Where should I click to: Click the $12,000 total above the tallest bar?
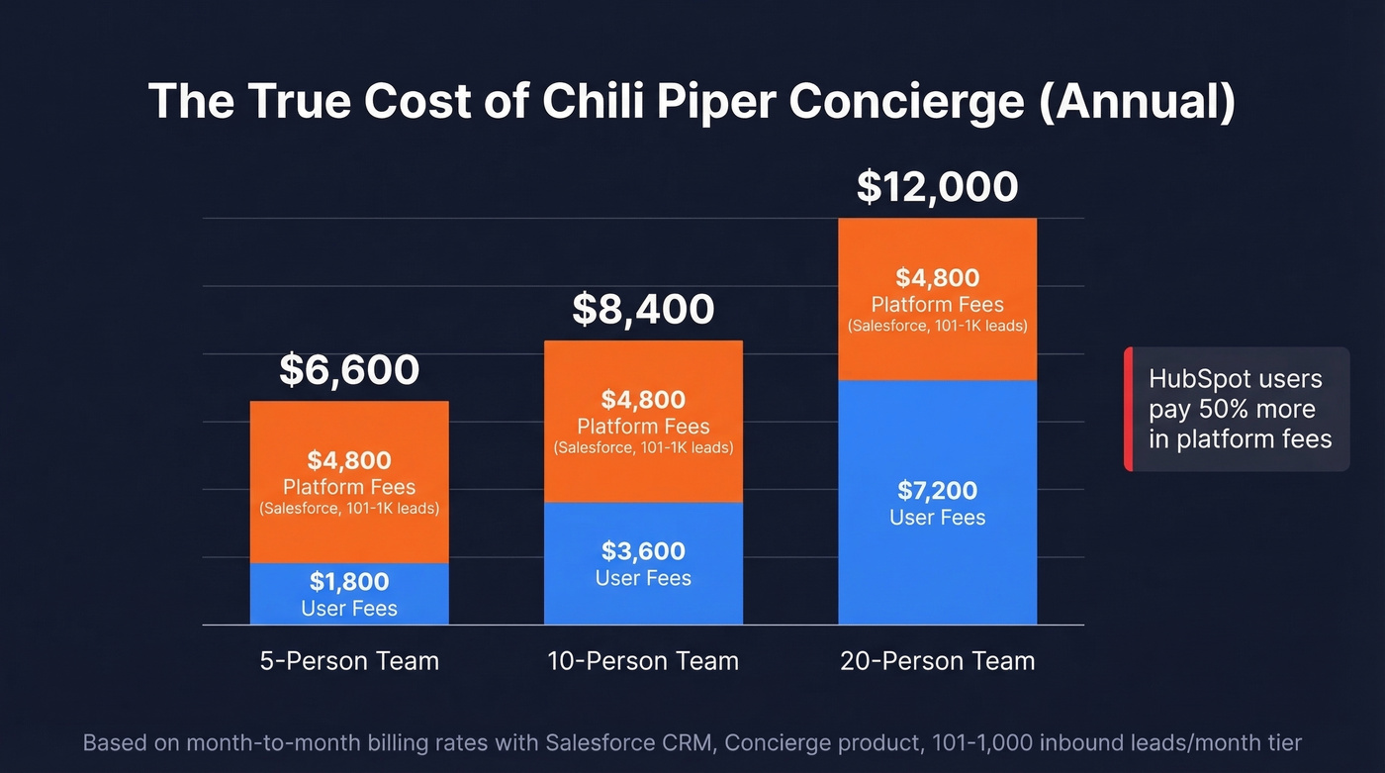[937, 187]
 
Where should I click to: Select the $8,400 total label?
[643, 309]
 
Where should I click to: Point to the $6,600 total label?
[349, 369]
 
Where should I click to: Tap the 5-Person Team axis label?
[349, 661]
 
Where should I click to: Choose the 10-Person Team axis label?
[643, 661]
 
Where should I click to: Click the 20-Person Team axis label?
[937, 661]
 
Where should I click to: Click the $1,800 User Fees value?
[349, 582]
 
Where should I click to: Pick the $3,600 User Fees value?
[643, 551]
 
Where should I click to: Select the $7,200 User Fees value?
[937, 491]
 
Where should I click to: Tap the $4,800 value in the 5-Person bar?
[349, 460]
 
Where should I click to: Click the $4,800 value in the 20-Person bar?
[937, 278]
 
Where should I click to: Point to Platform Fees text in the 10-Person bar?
[643, 427]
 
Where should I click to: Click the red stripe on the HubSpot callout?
[1128, 409]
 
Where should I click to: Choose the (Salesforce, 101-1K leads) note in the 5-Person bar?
[349, 509]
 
